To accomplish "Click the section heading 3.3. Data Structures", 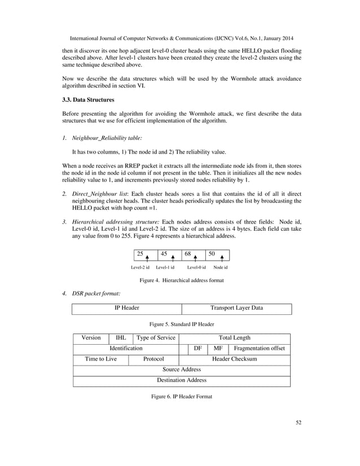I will pos(87,100).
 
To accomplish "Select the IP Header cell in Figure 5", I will pos(127,309).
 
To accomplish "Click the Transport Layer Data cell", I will pos(236,309).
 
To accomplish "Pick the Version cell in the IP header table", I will pos(91,338).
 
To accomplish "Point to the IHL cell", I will pos(121,338).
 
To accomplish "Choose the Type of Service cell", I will pos(156,338).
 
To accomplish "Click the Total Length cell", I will pos(234,338).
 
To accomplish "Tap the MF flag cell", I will pos(218,349).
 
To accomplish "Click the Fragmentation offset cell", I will pos(259,349).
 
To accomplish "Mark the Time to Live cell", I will pos(101,359).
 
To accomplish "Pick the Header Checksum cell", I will pos(234,359).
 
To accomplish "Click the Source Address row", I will pos(182,370).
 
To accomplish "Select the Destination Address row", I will pos(182,381).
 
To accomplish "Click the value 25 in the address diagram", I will pos(141,254).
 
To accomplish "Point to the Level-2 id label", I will pos(140,267).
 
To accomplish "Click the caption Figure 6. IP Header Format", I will pos(182,397).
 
